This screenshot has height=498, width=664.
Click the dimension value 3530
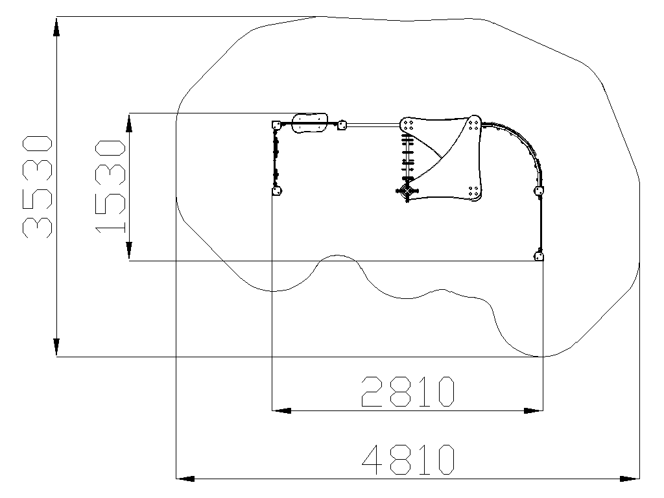coord(37,186)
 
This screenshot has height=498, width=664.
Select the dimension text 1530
coord(110,187)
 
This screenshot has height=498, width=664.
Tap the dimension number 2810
coord(408,392)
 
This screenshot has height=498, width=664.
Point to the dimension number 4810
coord(409,460)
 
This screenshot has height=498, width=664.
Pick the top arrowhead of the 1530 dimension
coord(129,123)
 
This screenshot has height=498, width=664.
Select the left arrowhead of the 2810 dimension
coord(281,410)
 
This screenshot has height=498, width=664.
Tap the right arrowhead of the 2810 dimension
coord(533,410)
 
